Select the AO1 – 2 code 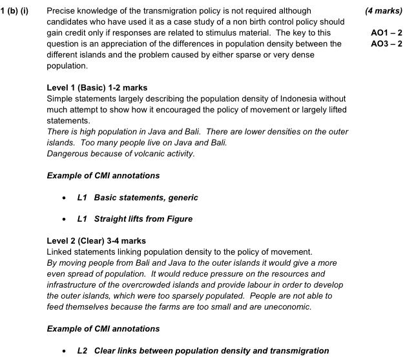click(386, 32)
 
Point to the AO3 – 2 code click(386, 43)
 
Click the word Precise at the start click(62, 11)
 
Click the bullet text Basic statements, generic click(146, 197)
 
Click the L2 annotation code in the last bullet click(82, 351)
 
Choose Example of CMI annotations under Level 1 click(103, 175)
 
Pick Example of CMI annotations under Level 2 click(103, 329)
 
